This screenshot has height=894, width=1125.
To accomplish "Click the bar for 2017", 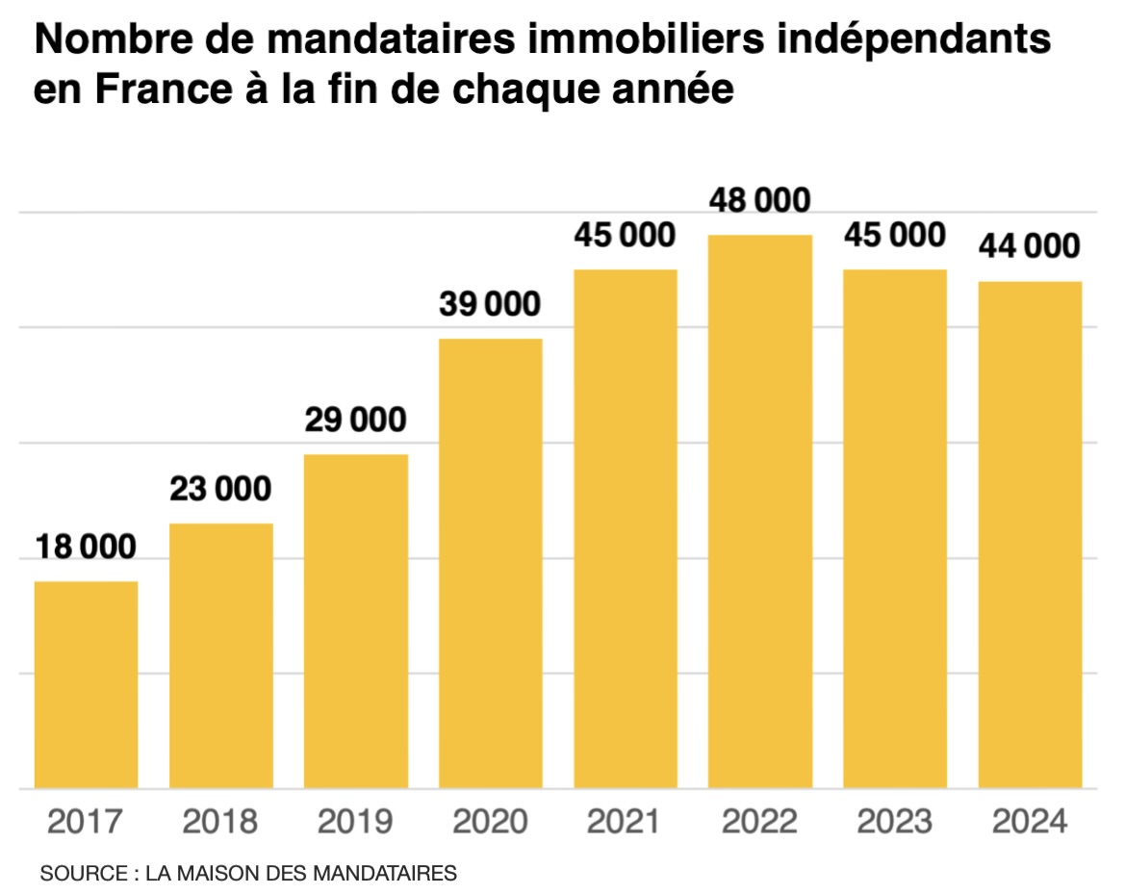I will (86, 685).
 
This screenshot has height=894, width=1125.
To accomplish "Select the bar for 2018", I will (221, 656).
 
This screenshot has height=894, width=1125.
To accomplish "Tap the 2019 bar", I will (356, 622).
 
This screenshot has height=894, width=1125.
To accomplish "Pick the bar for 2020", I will (491, 564).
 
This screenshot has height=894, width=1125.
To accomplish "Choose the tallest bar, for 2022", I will (760, 512).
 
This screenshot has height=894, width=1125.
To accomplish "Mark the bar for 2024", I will (1031, 535).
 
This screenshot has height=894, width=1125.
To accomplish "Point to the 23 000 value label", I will (220, 489).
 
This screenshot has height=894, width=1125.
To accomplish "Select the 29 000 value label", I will (356, 420).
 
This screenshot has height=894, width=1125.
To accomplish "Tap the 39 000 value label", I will (491, 304).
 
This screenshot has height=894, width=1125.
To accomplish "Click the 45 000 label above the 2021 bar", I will (626, 235).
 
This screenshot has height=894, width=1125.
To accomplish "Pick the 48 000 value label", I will (760, 200).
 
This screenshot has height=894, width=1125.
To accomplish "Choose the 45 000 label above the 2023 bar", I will (895, 235).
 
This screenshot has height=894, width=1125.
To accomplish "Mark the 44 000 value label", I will (1030, 246).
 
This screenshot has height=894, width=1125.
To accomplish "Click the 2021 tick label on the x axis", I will (626, 822).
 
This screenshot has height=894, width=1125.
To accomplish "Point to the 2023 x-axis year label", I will (895, 822).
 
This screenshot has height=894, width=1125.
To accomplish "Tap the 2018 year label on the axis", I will (220, 822).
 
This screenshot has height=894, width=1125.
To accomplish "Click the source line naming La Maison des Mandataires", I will (248, 874).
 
